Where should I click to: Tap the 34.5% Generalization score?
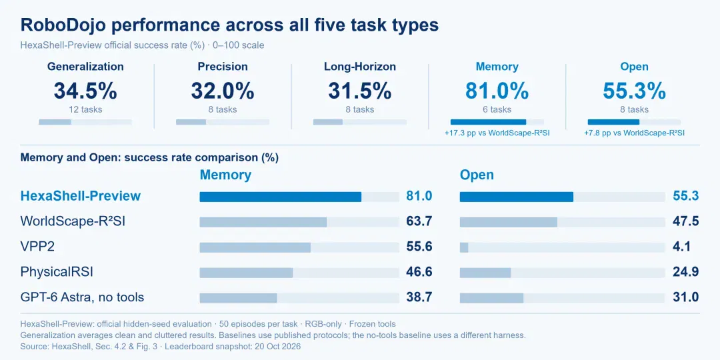click(x=85, y=91)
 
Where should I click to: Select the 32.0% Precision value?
click(x=223, y=91)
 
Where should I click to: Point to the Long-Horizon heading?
click(x=360, y=67)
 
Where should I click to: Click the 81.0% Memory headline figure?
click(x=497, y=91)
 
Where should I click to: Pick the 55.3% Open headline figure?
click(x=635, y=91)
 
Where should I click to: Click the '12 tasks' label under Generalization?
click(x=85, y=110)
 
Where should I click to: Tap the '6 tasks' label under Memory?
click(x=497, y=110)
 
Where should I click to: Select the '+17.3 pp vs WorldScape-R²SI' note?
click(x=497, y=133)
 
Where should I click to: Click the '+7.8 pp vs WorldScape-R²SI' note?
click(x=635, y=133)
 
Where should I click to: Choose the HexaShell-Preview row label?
click(x=81, y=196)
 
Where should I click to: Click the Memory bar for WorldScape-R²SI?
click(x=263, y=222)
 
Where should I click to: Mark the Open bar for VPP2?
click(x=464, y=247)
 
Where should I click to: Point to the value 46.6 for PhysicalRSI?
click(x=419, y=272)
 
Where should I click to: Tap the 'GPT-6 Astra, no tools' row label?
click(x=82, y=297)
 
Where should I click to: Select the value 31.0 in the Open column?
click(x=686, y=297)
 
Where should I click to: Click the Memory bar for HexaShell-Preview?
click(x=281, y=197)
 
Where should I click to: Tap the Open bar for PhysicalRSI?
click(x=485, y=273)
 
